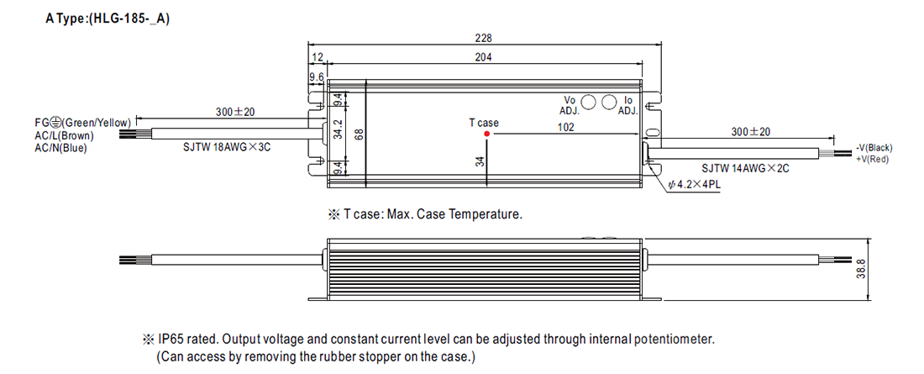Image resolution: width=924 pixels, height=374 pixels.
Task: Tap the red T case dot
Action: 486,134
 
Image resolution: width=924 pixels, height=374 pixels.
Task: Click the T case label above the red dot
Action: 484,123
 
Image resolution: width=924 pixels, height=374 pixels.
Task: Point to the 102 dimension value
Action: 566,127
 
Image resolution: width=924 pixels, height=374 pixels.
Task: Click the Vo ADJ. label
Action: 570,105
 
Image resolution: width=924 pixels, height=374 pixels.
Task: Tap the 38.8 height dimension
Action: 861,270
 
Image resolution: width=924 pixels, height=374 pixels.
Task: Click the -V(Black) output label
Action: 874,147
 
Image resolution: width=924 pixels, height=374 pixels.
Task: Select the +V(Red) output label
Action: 871,159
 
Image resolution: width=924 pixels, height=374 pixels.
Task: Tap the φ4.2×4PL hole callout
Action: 694,184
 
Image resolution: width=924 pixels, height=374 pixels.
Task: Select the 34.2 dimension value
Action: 338,133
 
